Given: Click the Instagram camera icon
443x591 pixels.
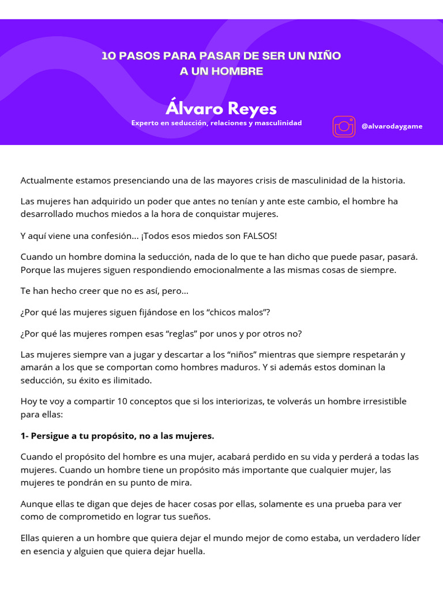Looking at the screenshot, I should click(x=344, y=126).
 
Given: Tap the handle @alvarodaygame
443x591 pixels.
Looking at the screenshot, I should click(x=392, y=126).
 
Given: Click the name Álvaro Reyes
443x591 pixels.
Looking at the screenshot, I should click(x=221, y=109).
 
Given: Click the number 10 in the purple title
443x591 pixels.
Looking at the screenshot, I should click(x=108, y=56).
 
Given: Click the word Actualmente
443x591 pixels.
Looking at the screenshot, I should click(x=47, y=180).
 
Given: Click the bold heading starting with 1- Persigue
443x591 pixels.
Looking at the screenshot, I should click(x=117, y=435).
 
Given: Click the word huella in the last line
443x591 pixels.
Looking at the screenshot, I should click(x=190, y=551).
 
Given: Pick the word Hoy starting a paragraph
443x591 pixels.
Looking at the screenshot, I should click(x=29, y=401).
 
